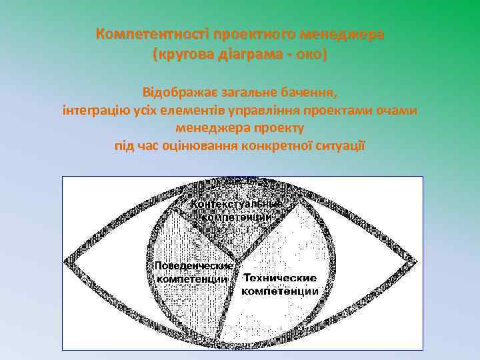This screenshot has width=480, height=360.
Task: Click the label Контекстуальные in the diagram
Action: pyautogui.click(x=237, y=203)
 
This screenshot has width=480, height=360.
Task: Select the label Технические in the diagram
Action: pyautogui.click(x=279, y=277)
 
